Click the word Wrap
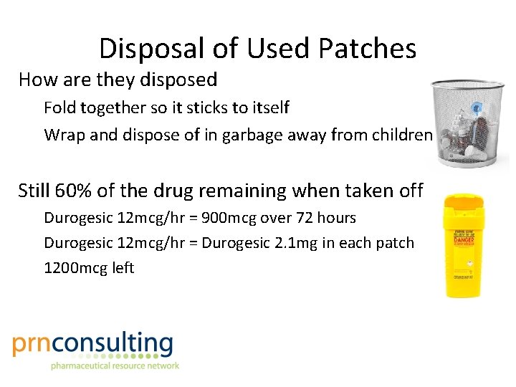point(63,135)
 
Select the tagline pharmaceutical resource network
point(114,365)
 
